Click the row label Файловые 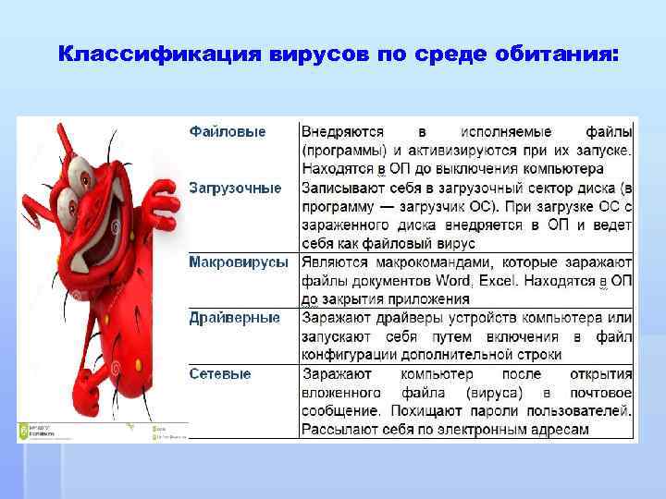coord(228,132)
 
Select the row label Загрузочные coord(235,188)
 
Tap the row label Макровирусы coord(239,262)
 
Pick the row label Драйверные coord(234,318)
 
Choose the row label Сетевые coord(219,373)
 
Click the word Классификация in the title coord(161,55)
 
